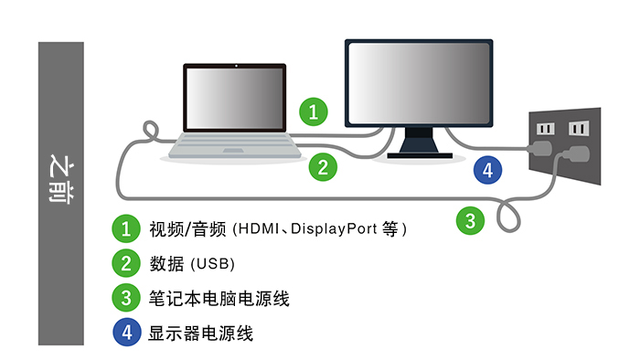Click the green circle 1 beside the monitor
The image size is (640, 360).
pyautogui.click(x=314, y=111)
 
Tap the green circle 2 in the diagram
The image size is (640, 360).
pyautogui.click(x=323, y=167)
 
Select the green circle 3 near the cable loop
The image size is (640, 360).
pyautogui.click(x=470, y=221)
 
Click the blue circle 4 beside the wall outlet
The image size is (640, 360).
pyautogui.click(x=487, y=170)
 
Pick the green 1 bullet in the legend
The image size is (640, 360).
pyautogui.click(x=126, y=228)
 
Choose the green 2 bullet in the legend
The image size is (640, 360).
pyautogui.click(x=126, y=263)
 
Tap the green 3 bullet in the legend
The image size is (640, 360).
pyautogui.click(x=126, y=298)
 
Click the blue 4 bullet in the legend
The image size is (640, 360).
pyautogui.click(x=127, y=333)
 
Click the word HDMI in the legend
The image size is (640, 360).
pyautogui.click(x=259, y=228)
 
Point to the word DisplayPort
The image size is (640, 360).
pyautogui.click(x=334, y=229)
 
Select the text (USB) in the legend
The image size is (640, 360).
pyautogui.click(x=213, y=264)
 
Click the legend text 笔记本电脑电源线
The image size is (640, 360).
pyautogui.click(x=219, y=299)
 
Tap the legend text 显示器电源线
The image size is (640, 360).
pyautogui.click(x=200, y=334)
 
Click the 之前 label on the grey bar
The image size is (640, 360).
pyautogui.click(x=61, y=178)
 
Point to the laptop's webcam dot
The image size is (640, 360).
pyautogui.click(x=236, y=66)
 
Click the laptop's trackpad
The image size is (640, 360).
pyautogui.click(x=233, y=151)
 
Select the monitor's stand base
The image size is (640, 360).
pyautogui.click(x=420, y=155)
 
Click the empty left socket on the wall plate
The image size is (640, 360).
pyautogui.click(x=546, y=129)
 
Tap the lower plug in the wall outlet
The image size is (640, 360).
pyautogui.click(x=576, y=154)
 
